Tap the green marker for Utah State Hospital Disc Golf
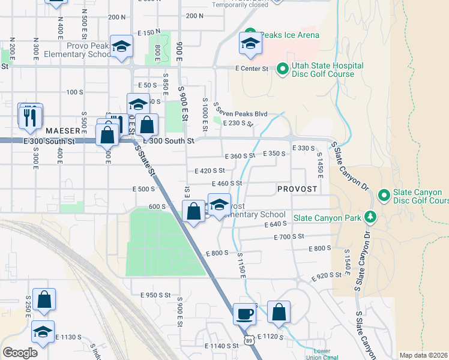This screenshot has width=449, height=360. pos(283,70)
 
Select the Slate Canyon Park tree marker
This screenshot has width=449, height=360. pos(371,217)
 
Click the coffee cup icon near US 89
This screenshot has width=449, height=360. pos(244,313)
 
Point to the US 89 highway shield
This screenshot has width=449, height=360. pos(249,340)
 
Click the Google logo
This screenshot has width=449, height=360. pos(20,353)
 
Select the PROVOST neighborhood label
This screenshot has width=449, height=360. pos(297,189)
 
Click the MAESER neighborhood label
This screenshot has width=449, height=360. pos(62,130)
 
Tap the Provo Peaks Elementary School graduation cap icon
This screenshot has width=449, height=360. pos(122,47)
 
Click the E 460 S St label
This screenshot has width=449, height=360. pos(226,183)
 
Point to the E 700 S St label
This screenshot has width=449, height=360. pos(289,238)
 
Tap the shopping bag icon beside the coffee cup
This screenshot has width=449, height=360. pos(279,313)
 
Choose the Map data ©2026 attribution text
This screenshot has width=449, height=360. pos(424,355)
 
